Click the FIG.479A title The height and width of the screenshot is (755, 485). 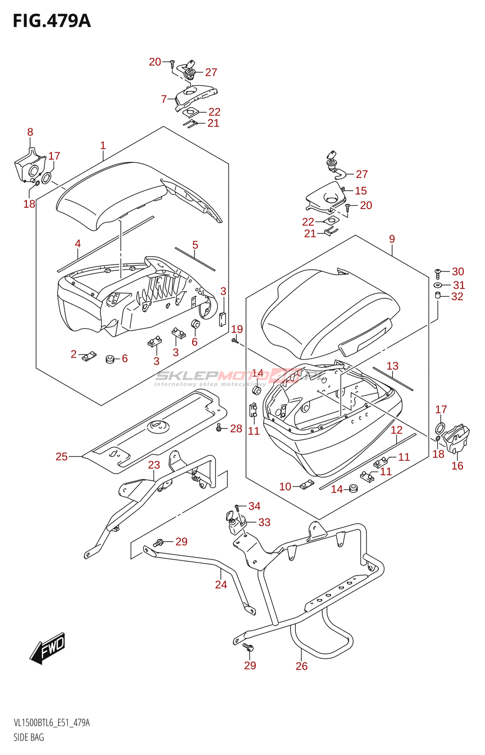(51, 21)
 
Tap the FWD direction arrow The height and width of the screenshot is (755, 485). (48, 647)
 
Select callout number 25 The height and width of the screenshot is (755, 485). (62, 456)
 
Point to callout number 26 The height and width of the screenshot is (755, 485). (301, 666)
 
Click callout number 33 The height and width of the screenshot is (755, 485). (264, 522)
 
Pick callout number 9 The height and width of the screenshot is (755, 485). (392, 239)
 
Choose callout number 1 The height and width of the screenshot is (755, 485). (103, 145)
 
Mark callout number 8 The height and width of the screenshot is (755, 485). (30, 132)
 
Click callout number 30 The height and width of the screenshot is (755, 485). (458, 271)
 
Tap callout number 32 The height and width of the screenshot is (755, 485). (457, 296)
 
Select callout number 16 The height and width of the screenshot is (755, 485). (457, 466)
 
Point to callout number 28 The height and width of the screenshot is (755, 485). (236, 428)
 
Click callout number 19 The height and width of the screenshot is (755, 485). (237, 329)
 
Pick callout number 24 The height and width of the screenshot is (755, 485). (221, 585)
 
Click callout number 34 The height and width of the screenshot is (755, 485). (254, 506)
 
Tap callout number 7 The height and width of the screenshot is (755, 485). (164, 99)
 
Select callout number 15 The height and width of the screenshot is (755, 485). (361, 191)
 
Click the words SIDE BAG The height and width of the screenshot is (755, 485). (29, 737)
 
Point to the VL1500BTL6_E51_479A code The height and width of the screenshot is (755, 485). (52, 723)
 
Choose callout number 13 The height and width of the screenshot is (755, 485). (393, 366)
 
